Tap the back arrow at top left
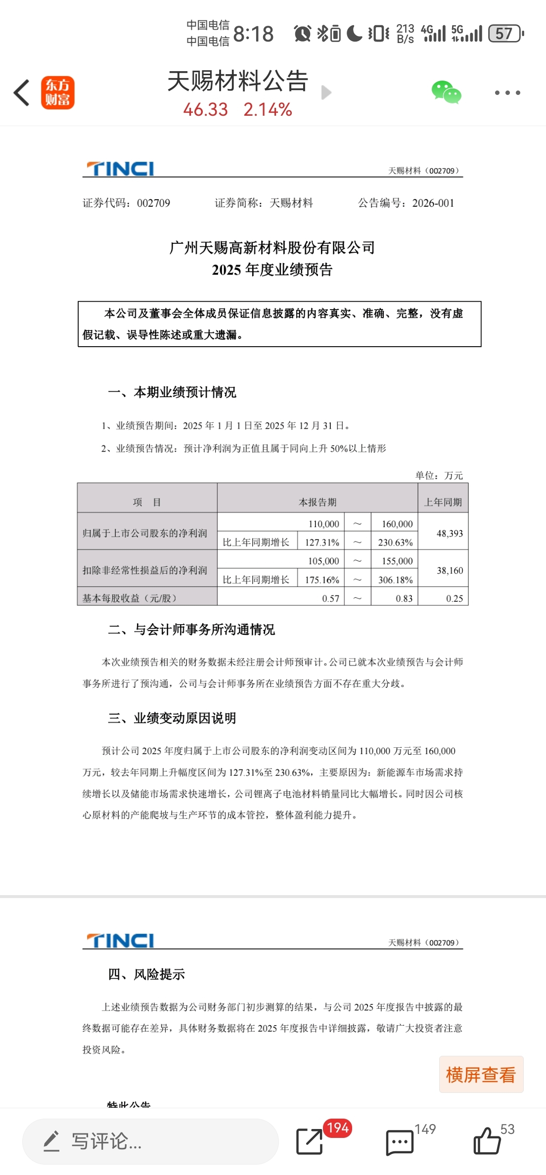point(22,92)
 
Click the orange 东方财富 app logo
point(57,92)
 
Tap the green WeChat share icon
point(446,92)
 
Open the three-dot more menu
point(507,92)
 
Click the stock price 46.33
point(205,109)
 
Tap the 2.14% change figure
point(268,109)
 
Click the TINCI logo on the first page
point(120,169)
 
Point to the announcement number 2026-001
point(433,203)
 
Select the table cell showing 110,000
point(324,524)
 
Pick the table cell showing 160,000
point(397,524)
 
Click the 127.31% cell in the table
point(322,542)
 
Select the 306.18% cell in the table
point(395,580)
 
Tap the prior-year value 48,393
point(450,533)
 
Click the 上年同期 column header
point(443,502)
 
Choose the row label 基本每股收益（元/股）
point(130,598)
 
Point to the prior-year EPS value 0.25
point(454,598)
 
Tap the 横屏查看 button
point(481,1075)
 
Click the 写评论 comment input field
point(150,1141)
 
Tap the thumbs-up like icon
point(487,1140)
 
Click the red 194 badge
point(338,1128)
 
